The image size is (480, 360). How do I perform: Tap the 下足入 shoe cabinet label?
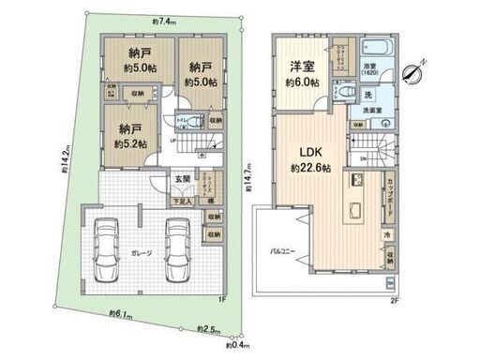click(182, 201)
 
